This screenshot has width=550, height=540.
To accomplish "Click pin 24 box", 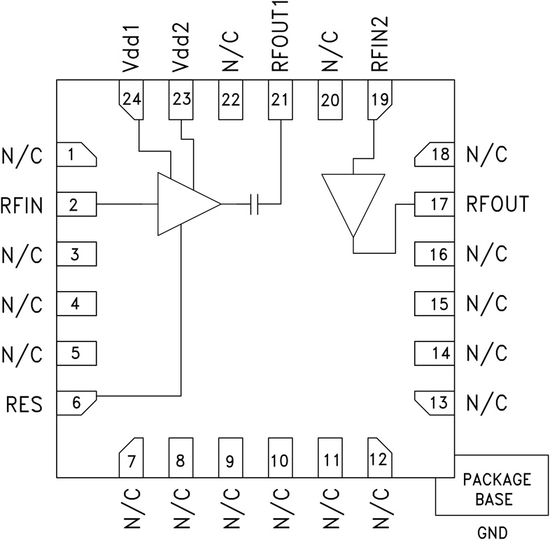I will click(x=130, y=99).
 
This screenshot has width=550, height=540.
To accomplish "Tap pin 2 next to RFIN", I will click(x=76, y=205).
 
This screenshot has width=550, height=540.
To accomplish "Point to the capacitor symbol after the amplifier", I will click(x=255, y=204).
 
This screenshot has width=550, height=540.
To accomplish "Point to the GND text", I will click(x=493, y=532).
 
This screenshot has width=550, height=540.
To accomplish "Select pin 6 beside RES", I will click(x=76, y=402).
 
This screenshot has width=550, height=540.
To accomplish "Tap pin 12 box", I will click(x=378, y=459).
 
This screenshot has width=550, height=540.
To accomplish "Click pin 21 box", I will click(x=279, y=99).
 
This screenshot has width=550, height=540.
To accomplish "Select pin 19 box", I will click(x=379, y=99).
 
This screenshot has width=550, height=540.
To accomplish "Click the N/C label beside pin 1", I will click(x=22, y=155).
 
